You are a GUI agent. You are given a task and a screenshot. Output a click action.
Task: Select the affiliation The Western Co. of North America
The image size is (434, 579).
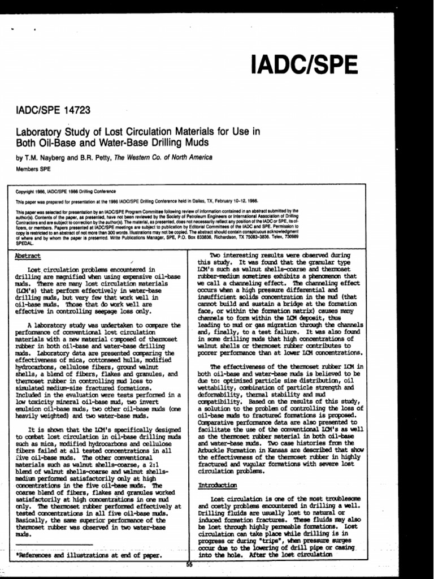tap(164, 157)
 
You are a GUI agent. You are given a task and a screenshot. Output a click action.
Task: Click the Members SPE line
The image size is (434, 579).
tap(33, 168)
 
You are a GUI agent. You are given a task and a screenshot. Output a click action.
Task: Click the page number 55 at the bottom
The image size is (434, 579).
tap(190, 564)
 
